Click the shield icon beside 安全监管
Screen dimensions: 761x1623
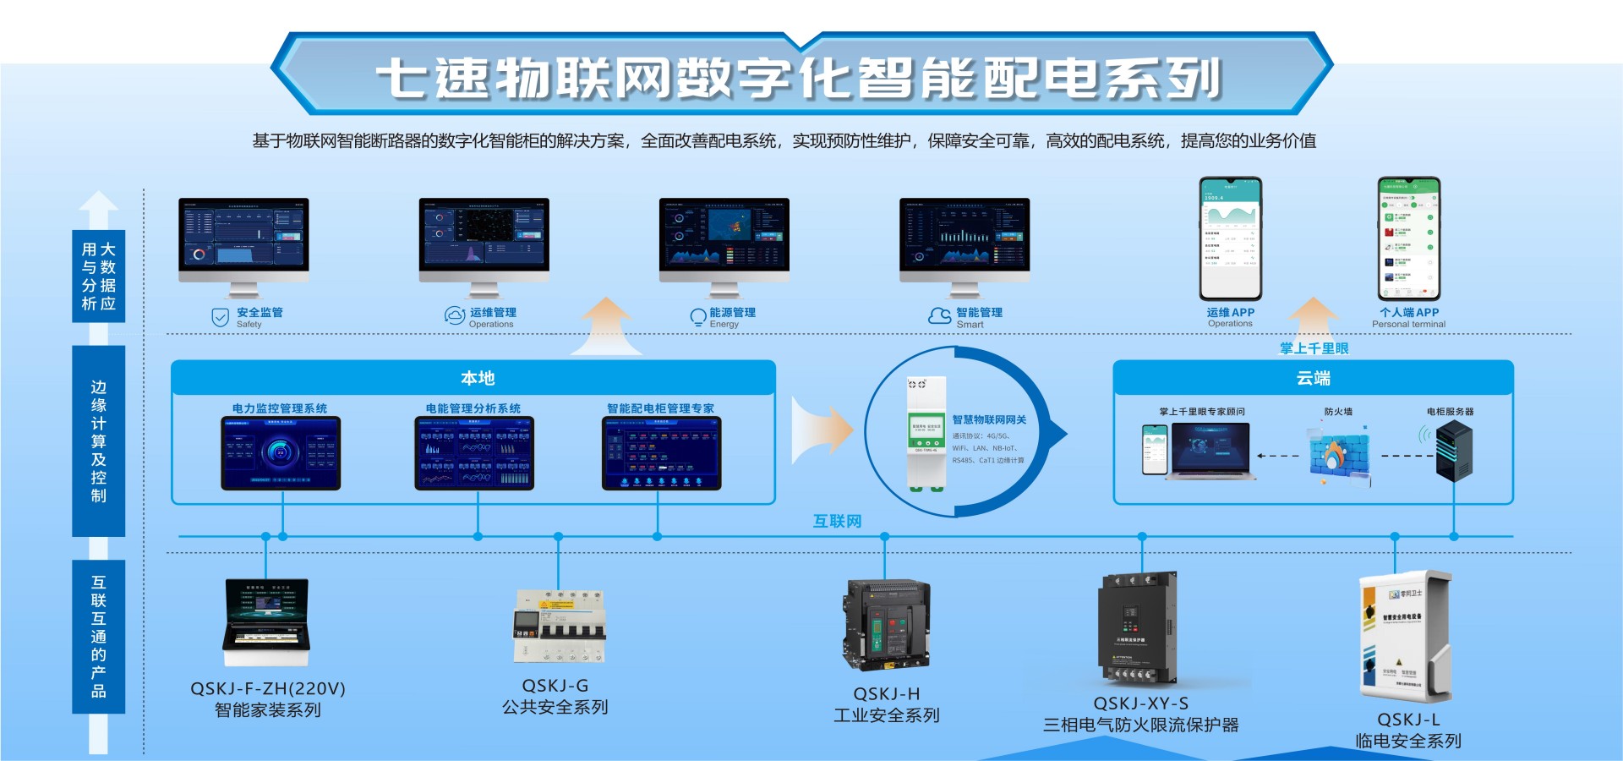(x=220, y=318)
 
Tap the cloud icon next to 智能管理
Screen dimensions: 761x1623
(x=940, y=316)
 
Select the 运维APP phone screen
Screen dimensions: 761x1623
(x=1231, y=238)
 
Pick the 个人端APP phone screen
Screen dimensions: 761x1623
(x=1408, y=238)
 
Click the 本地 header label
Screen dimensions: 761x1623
(x=478, y=378)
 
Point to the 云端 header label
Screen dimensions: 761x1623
(x=1313, y=378)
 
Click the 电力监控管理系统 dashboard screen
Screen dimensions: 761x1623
(x=281, y=453)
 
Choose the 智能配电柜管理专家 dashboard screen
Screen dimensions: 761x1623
(x=661, y=453)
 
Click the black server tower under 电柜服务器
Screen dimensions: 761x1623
(x=1454, y=452)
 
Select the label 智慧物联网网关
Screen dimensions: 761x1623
(x=989, y=419)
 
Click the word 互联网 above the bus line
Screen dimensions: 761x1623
(x=837, y=521)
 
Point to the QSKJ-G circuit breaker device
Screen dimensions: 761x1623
(x=559, y=627)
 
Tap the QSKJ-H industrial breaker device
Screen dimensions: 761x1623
(x=885, y=624)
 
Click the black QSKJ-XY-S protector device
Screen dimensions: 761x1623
(x=1137, y=627)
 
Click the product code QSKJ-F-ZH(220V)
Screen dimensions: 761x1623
(x=268, y=688)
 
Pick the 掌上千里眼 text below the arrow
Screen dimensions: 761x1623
(x=1314, y=348)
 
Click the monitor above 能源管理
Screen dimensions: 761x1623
(x=724, y=240)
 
